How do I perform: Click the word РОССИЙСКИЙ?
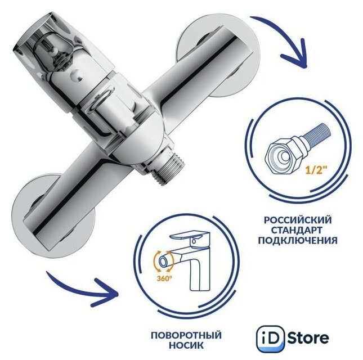click(298, 219)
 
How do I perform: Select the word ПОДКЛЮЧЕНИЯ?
click(298, 240)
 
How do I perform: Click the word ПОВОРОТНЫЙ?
click(186, 335)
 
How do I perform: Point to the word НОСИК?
click(186, 345)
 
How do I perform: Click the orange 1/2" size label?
click(316, 172)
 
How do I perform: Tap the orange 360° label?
click(164, 278)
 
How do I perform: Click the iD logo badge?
click(271, 339)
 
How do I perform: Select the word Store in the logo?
click(308, 338)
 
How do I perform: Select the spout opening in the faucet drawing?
click(163, 262)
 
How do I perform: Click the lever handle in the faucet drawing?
click(189, 236)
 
